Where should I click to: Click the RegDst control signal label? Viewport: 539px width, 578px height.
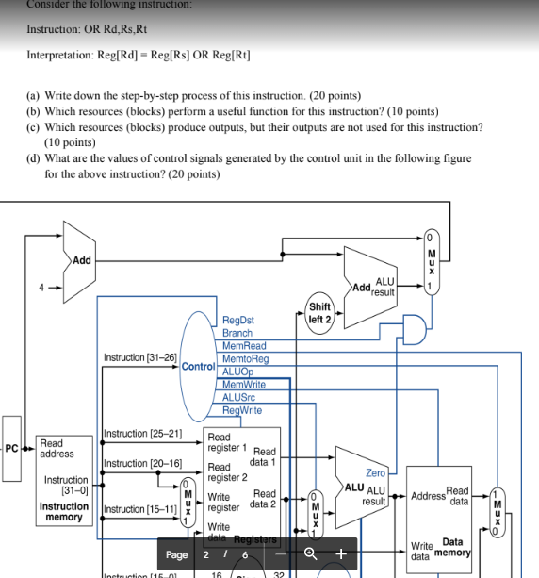[238, 321]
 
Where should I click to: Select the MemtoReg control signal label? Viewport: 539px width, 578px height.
[245, 359]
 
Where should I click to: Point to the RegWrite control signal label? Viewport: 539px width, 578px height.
[242, 410]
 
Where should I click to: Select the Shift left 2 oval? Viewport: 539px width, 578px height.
[319, 313]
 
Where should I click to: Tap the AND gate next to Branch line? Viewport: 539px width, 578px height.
[412, 327]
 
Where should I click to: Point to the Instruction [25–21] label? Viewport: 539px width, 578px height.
[141, 434]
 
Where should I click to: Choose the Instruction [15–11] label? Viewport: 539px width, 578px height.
[140, 509]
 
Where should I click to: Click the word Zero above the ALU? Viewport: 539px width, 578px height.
[375, 472]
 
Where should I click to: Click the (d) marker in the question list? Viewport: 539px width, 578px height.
[33, 158]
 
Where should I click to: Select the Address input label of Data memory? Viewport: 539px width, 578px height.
[428, 494]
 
